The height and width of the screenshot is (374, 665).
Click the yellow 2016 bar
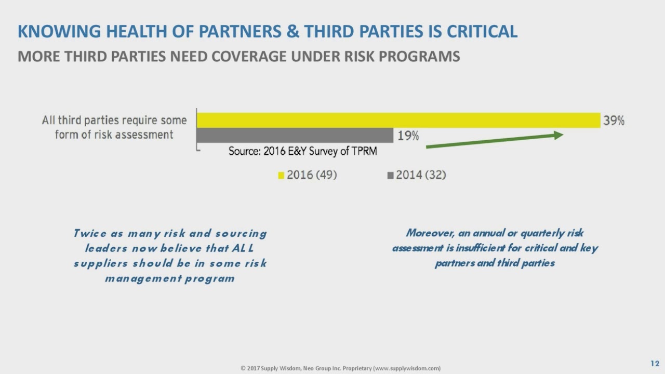(398, 120)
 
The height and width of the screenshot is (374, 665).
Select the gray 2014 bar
(295, 136)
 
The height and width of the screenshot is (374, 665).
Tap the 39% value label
(614, 121)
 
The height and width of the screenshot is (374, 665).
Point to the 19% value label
(408, 136)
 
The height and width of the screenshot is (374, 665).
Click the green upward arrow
(494, 141)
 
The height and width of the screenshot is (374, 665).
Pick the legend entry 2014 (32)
(421, 175)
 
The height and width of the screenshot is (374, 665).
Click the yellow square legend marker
(281, 176)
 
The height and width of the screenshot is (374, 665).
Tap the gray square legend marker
(390, 176)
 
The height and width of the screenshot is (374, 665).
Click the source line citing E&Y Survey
(302, 151)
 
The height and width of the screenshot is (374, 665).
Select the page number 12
(655, 363)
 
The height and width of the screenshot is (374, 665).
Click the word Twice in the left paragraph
(89, 233)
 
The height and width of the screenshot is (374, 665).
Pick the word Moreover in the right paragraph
(430, 233)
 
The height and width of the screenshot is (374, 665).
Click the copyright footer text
(340, 368)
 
